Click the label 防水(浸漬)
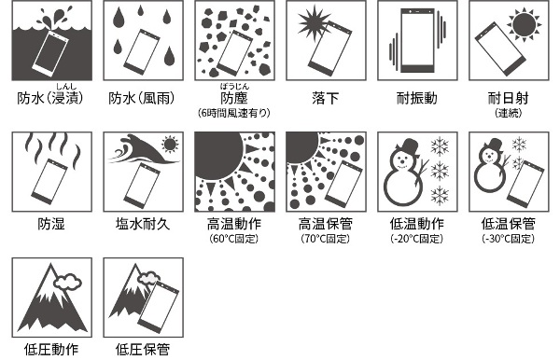coord(50,98)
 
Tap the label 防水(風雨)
coord(142,98)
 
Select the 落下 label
coord(325,98)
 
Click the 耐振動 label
coord(417,98)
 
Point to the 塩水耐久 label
coord(143,224)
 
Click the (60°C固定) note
coord(234,239)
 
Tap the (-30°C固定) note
coord(508,239)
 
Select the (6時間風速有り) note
coord(234,113)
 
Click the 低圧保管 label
coord(143,350)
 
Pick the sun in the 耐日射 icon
coord(524,24)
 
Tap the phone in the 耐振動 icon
coord(417,41)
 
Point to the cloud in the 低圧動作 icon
coord(67,281)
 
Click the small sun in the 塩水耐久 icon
coord(170,145)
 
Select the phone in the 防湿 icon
coord(49,182)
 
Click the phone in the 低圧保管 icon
coord(159,307)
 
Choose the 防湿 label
coord(51,224)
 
